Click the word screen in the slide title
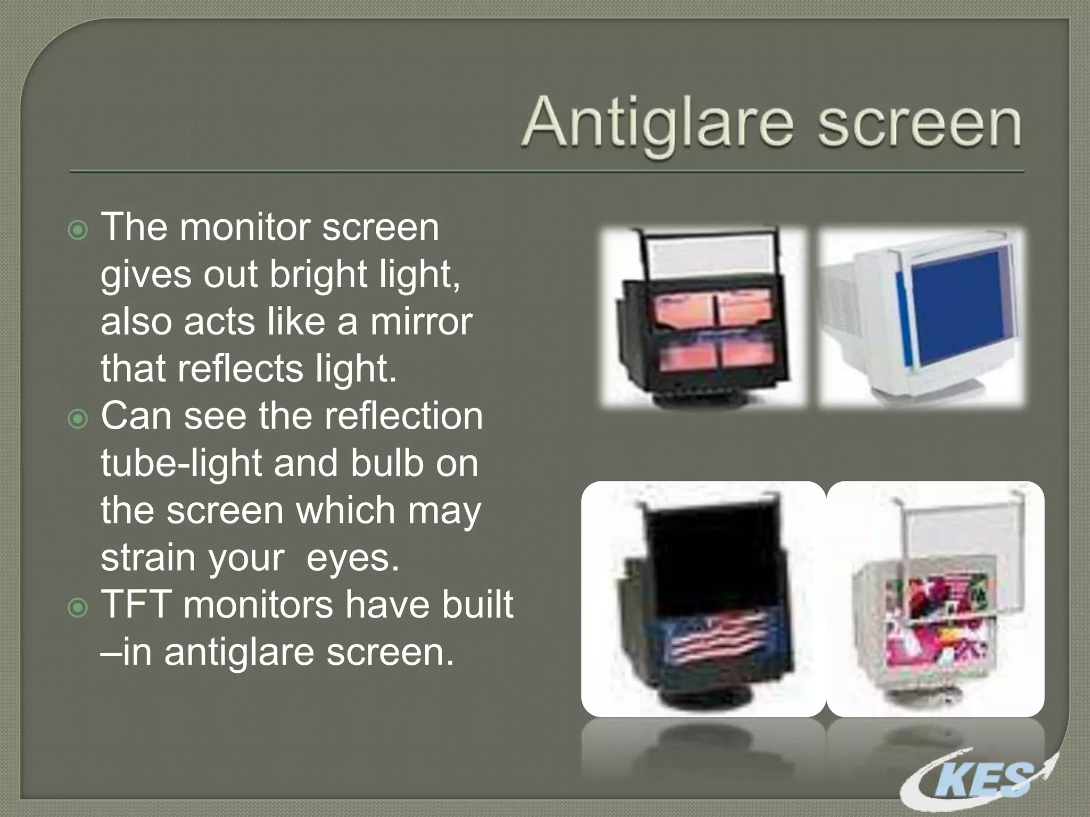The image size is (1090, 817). (920, 123)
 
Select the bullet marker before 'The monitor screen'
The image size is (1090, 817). (78, 230)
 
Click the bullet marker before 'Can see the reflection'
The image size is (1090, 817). (78, 419)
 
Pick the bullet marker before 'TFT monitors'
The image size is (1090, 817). (78, 607)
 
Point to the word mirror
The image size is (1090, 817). (421, 322)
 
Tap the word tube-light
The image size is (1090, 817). (181, 463)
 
